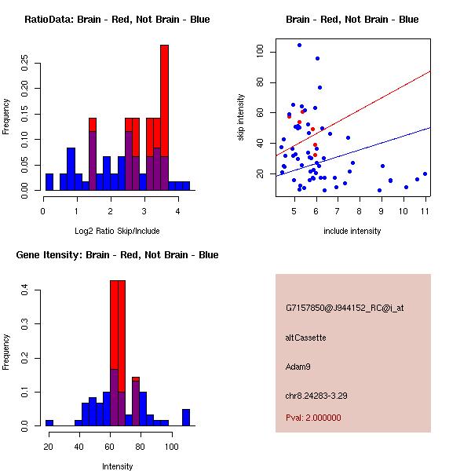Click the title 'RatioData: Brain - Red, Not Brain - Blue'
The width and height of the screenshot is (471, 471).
pos(117,20)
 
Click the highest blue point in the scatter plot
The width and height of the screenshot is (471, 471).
pos(299,45)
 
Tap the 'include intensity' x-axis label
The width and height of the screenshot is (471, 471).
pos(352,231)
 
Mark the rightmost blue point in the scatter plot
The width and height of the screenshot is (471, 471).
pos(425,173)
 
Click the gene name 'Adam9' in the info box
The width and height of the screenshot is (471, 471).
pos(298,366)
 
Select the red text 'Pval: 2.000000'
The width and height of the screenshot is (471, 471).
pos(313,418)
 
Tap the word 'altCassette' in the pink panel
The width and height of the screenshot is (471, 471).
pos(305,338)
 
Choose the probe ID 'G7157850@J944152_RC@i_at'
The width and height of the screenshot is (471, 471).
pos(345,309)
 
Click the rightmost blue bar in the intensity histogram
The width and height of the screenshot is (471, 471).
pos(186,417)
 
